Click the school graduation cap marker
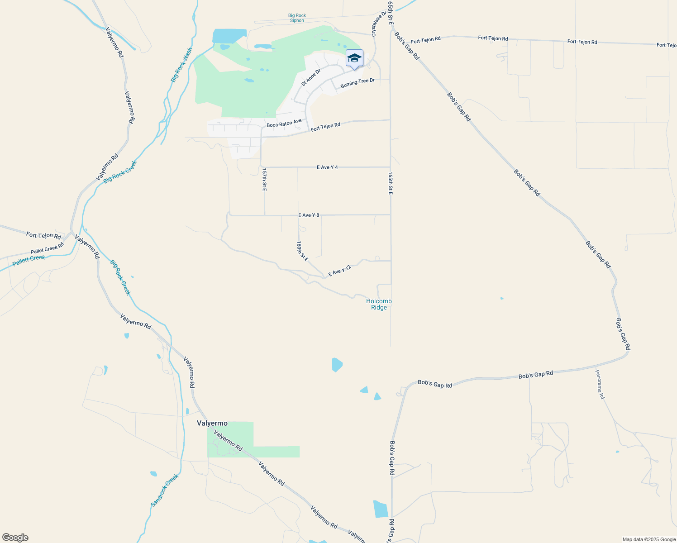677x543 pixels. (x=354, y=58)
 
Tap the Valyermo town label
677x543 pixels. (x=212, y=424)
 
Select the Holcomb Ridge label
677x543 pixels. (x=379, y=304)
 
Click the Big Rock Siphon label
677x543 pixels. (x=297, y=18)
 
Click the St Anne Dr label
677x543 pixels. (x=310, y=77)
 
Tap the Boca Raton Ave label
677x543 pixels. (x=284, y=123)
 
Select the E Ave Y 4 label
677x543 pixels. (x=327, y=167)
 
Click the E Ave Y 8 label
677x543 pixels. (x=309, y=215)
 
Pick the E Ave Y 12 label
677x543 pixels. (x=339, y=271)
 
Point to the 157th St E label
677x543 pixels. (x=264, y=179)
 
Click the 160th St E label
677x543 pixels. (x=302, y=251)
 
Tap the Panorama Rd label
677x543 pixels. (x=600, y=384)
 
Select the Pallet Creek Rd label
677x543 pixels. (x=47, y=248)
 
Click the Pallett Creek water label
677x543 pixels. (x=29, y=261)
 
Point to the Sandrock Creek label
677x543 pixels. (x=165, y=490)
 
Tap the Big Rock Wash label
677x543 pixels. (x=181, y=65)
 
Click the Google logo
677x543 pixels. (x=15, y=538)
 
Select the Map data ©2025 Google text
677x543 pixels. (x=649, y=539)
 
